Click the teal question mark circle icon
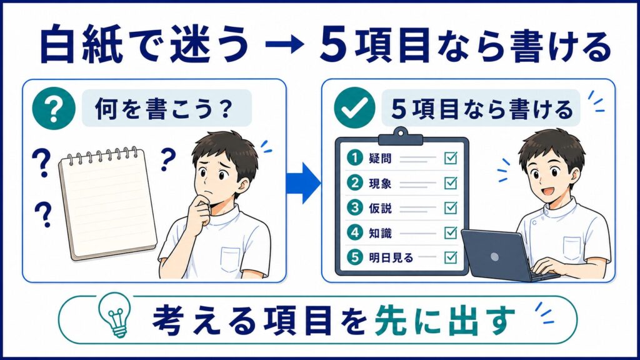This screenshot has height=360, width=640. (54, 108)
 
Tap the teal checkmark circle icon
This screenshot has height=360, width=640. (354, 107)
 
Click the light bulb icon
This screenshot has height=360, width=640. (116, 315)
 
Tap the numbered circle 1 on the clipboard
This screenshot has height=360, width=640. (355, 158)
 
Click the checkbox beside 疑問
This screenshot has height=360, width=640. (451, 158)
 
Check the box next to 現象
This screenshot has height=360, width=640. (451, 183)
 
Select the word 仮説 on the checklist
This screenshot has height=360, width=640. (380, 208)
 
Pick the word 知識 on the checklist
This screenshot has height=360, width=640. (380, 233)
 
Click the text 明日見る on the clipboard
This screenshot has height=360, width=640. (391, 257)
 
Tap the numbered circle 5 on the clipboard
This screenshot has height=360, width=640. (355, 257)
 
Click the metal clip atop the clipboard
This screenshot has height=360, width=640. (401, 137)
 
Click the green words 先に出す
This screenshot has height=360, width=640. (444, 321)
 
